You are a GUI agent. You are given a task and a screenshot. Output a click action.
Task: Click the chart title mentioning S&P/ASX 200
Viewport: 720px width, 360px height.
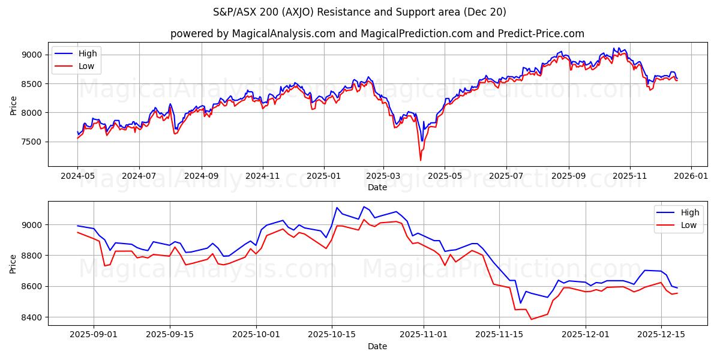(359, 12)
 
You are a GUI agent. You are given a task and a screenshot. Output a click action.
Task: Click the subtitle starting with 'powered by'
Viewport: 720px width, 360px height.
(377, 34)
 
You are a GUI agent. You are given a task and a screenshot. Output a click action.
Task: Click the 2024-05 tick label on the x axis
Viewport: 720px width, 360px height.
(77, 176)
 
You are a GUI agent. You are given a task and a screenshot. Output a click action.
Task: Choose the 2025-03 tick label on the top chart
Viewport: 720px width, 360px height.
(383, 176)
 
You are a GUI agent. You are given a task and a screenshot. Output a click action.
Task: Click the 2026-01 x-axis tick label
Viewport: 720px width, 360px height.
(691, 176)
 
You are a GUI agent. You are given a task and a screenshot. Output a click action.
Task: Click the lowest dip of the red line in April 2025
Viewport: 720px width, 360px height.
(421, 160)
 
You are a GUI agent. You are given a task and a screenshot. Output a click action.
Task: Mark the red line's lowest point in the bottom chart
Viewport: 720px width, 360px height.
(531, 319)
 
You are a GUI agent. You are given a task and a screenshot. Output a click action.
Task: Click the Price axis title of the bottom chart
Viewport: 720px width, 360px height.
(13, 263)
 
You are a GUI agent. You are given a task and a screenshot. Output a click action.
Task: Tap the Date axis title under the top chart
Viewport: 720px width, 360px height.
(377, 187)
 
